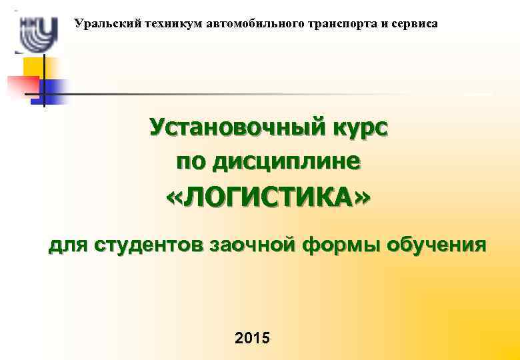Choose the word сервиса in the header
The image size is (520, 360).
pos(417,24)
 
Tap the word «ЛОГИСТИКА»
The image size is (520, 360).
pos(267,198)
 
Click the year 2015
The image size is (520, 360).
pos(253,338)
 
